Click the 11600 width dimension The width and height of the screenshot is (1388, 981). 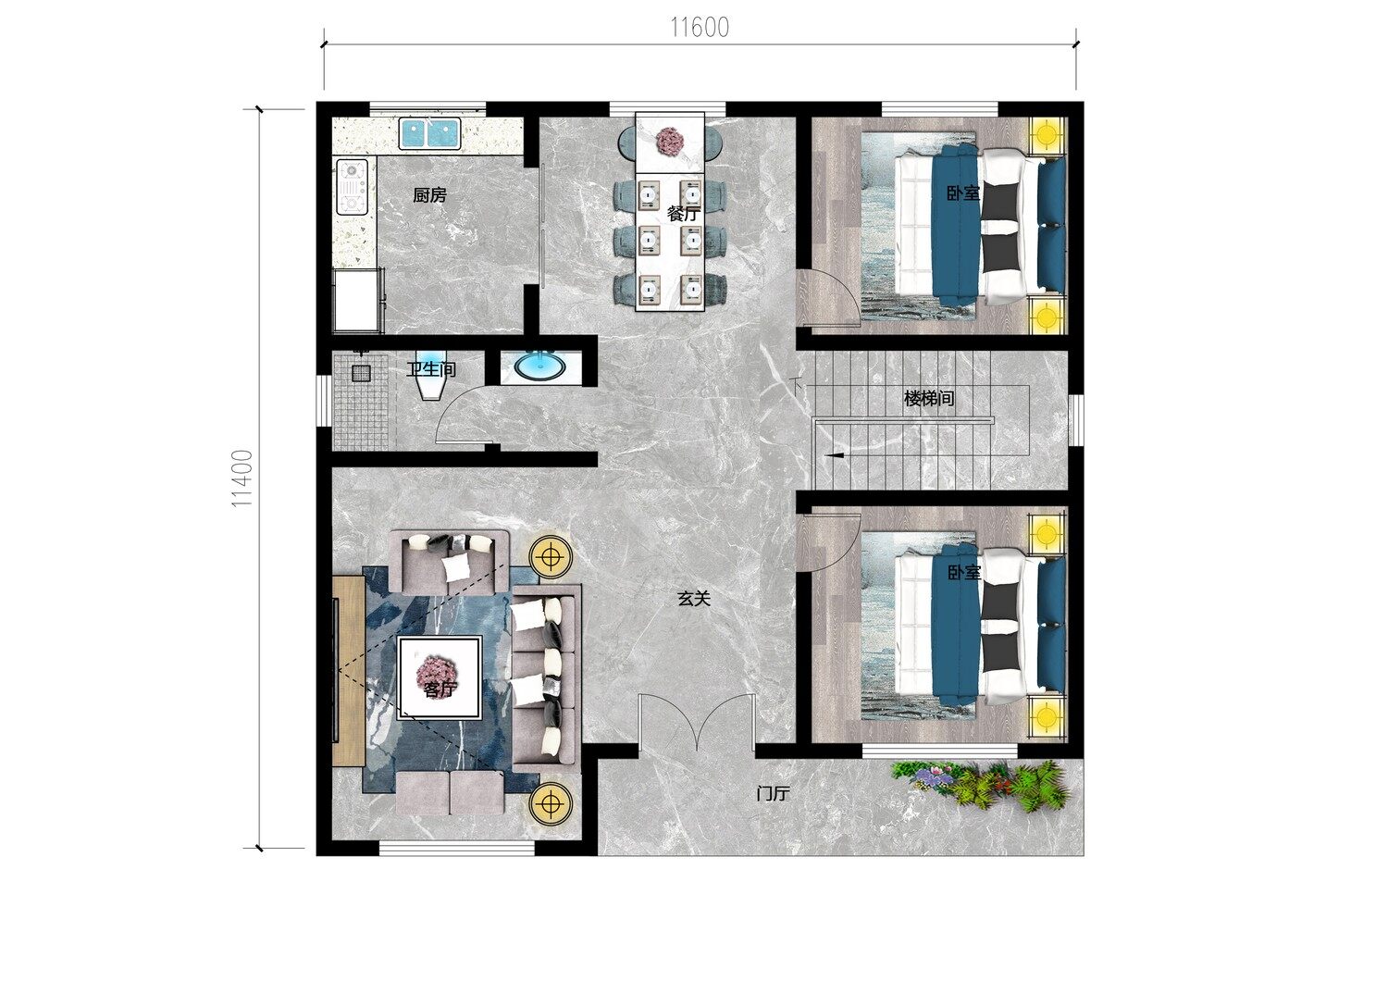click(700, 27)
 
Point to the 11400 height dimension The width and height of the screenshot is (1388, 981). click(242, 478)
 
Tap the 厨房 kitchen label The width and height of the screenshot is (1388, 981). click(429, 195)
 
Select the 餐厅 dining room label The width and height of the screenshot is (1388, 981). click(684, 214)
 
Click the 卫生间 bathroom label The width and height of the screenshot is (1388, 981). click(431, 369)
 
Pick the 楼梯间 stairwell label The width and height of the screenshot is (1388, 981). click(929, 398)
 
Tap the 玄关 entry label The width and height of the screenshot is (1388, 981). click(693, 598)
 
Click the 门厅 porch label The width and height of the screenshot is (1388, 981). click(773, 793)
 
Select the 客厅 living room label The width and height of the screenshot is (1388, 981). click(440, 688)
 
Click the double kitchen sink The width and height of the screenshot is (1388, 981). click(429, 133)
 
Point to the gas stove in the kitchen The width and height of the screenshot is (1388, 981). click(352, 187)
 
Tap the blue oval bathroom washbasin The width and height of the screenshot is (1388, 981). click(540, 366)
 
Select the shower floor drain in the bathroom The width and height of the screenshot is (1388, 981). click(361, 373)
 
